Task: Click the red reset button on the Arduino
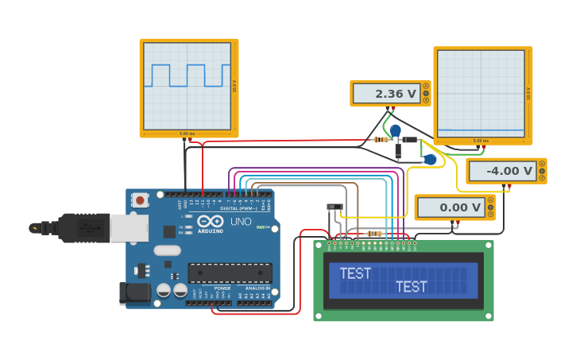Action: [140, 200]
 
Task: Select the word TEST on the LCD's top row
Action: [355, 273]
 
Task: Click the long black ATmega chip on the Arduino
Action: [230, 273]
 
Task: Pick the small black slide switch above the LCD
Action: [334, 207]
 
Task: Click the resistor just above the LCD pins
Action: [374, 233]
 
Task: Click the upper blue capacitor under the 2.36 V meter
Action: [395, 130]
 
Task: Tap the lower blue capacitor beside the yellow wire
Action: [430, 160]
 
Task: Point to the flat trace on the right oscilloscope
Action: [481, 130]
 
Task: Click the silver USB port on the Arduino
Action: [128, 228]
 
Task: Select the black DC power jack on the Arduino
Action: [134, 292]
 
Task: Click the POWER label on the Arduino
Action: [222, 288]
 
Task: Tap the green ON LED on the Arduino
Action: [260, 227]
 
